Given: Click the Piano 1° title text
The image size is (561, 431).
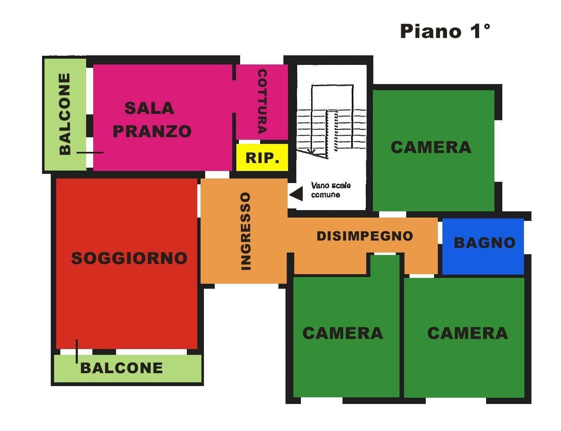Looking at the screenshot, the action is click(445, 32).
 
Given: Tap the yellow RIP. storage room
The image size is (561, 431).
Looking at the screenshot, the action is click(262, 157).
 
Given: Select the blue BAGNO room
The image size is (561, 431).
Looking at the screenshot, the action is click(483, 246).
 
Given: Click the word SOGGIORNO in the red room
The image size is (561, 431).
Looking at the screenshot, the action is click(129, 258).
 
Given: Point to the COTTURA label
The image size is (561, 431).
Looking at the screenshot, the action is click(262, 101).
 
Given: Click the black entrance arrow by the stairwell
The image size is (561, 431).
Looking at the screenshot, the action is click(296, 194).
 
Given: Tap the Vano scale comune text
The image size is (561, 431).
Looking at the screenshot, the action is click(331, 190).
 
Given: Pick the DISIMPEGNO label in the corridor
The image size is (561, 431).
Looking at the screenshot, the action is click(365, 236).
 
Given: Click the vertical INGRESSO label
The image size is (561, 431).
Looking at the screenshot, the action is click(246, 231).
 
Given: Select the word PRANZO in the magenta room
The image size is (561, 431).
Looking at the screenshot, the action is click(152, 131).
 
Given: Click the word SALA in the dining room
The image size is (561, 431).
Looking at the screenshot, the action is click(149, 108).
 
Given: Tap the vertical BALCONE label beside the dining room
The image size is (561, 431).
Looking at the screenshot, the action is click(65, 114).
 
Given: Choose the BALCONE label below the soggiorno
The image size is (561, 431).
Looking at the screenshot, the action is click(122, 368).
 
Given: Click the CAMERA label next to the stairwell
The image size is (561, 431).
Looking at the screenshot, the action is click(431, 147).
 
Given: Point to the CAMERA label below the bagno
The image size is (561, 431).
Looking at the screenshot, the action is click(467, 333).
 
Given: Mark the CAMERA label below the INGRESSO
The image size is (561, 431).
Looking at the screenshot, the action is click(343, 333).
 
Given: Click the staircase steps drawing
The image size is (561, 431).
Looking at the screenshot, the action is click(332, 121).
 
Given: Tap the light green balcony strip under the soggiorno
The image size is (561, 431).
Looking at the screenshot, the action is click(128, 368).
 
